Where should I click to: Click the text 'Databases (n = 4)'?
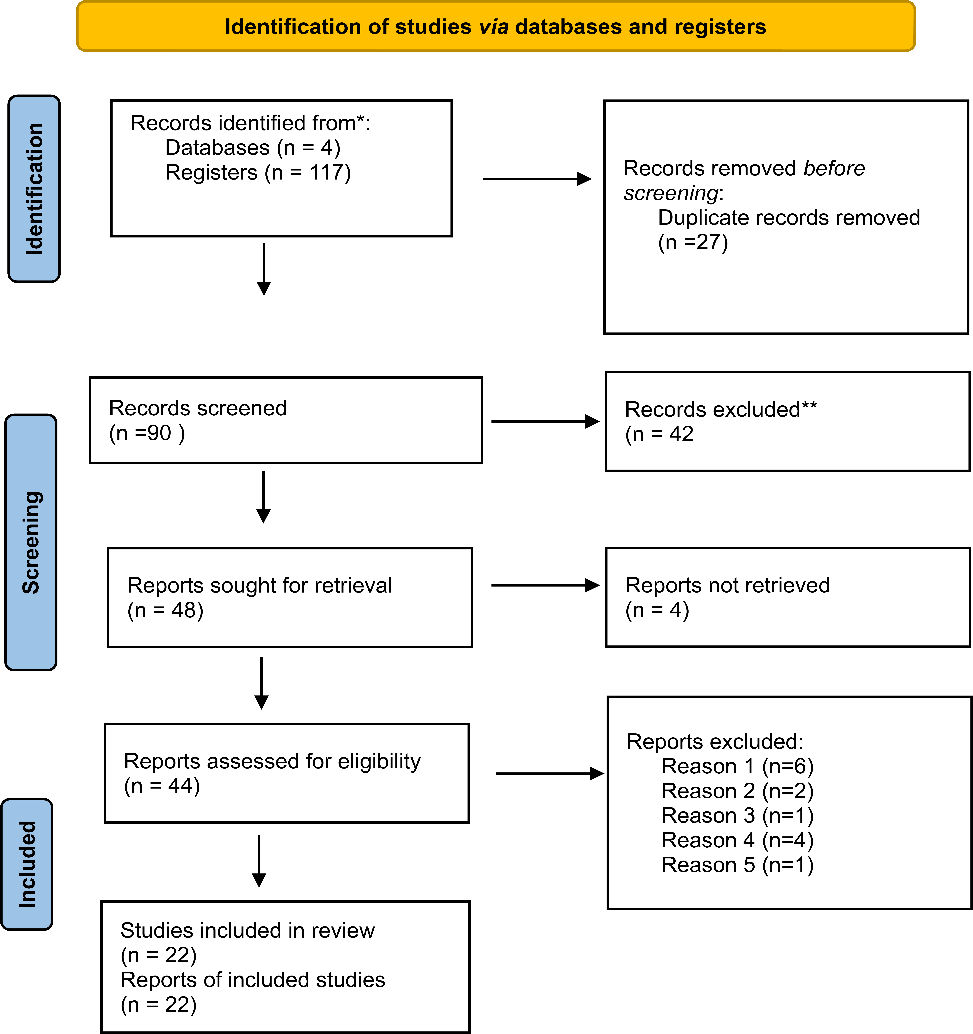pos(253,148)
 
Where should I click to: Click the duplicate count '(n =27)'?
pos(693,242)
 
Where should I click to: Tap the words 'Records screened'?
pos(197,408)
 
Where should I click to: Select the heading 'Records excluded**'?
pos(721,409)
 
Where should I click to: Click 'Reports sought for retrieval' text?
pos(259,585)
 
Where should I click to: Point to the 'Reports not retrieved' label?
pos(727,585)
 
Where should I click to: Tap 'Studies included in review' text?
pos(247,930)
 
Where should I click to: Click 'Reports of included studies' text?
pos(253,980)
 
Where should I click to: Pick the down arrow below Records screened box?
pos(263,497)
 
